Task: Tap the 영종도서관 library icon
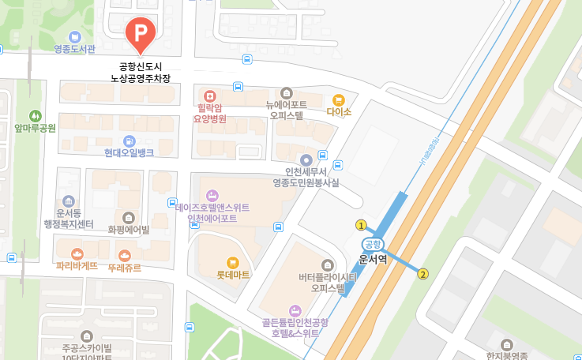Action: (x=74, y=36)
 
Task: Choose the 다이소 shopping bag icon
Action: (x=339, y=100)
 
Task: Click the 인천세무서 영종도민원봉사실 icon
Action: (x=306, y=160)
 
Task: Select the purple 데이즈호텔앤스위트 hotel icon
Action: (x=212, y=195)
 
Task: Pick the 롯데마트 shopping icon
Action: (x=232, y=262)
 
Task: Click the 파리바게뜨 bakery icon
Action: (x=77, y=254)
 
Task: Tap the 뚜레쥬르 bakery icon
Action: (x=125, y=255)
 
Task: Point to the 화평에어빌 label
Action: (x=129, y=229)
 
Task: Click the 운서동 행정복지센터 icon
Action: (x=69, y=201)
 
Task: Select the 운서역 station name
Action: (x=373, y=258)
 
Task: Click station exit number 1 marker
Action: (x=361, y=223)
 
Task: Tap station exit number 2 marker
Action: (x=423, y=274)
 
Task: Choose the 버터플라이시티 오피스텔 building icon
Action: (x=329, y=264)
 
